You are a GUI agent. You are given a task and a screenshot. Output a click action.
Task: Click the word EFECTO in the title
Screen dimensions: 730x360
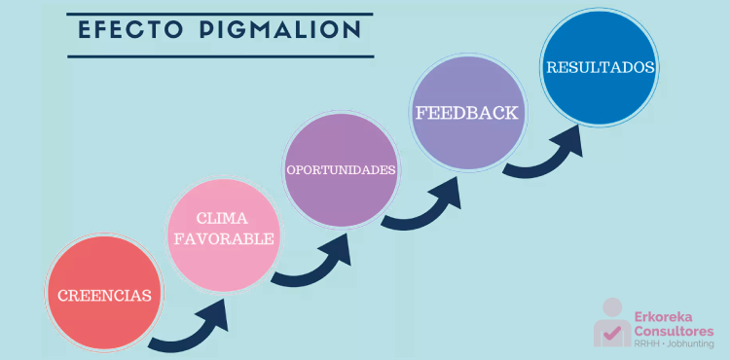(x=129, y=29)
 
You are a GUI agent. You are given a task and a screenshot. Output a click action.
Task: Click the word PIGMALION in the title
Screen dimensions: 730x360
(x=280, y=29)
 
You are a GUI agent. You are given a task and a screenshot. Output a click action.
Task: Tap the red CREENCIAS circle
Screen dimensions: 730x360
(x=104, y=292)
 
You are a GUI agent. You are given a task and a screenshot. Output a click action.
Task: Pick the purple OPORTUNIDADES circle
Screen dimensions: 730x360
(x=342, y=169)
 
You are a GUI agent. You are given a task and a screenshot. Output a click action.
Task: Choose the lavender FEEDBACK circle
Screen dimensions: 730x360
(x=468, y=113)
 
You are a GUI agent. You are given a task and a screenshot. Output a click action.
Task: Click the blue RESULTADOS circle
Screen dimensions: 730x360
(x=600, y=67)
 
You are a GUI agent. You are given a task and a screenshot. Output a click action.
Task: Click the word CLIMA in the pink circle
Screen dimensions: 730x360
(x=222, y=218)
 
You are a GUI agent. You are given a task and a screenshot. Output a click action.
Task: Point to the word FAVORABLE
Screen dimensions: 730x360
(x=224, y=238)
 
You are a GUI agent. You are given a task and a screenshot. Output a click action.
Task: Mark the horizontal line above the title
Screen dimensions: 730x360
(x=220, y=14)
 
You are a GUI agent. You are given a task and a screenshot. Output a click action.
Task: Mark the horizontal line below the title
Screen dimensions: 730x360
(x=221, y=56)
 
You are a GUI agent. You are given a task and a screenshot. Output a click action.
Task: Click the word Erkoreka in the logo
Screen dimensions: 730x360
(x=663, y=317)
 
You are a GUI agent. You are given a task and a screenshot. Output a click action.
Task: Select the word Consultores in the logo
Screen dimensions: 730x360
(x=674, y=331)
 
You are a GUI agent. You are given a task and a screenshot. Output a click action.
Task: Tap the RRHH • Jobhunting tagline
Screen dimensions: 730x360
(x=674, y=344)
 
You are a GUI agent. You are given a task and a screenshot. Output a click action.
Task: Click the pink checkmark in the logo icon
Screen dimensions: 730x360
(x=613, y=333)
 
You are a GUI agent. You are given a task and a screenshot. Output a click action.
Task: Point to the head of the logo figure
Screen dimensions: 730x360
(x=612, y=307)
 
